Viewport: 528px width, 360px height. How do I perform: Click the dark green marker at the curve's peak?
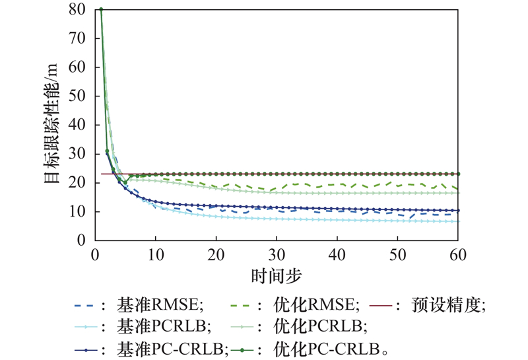coord(101,9)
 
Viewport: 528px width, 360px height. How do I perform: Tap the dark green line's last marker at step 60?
coord(458,174)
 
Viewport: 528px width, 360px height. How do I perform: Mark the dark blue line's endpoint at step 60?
coord(458,211)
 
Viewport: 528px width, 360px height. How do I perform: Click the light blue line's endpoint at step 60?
coord(458,221)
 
